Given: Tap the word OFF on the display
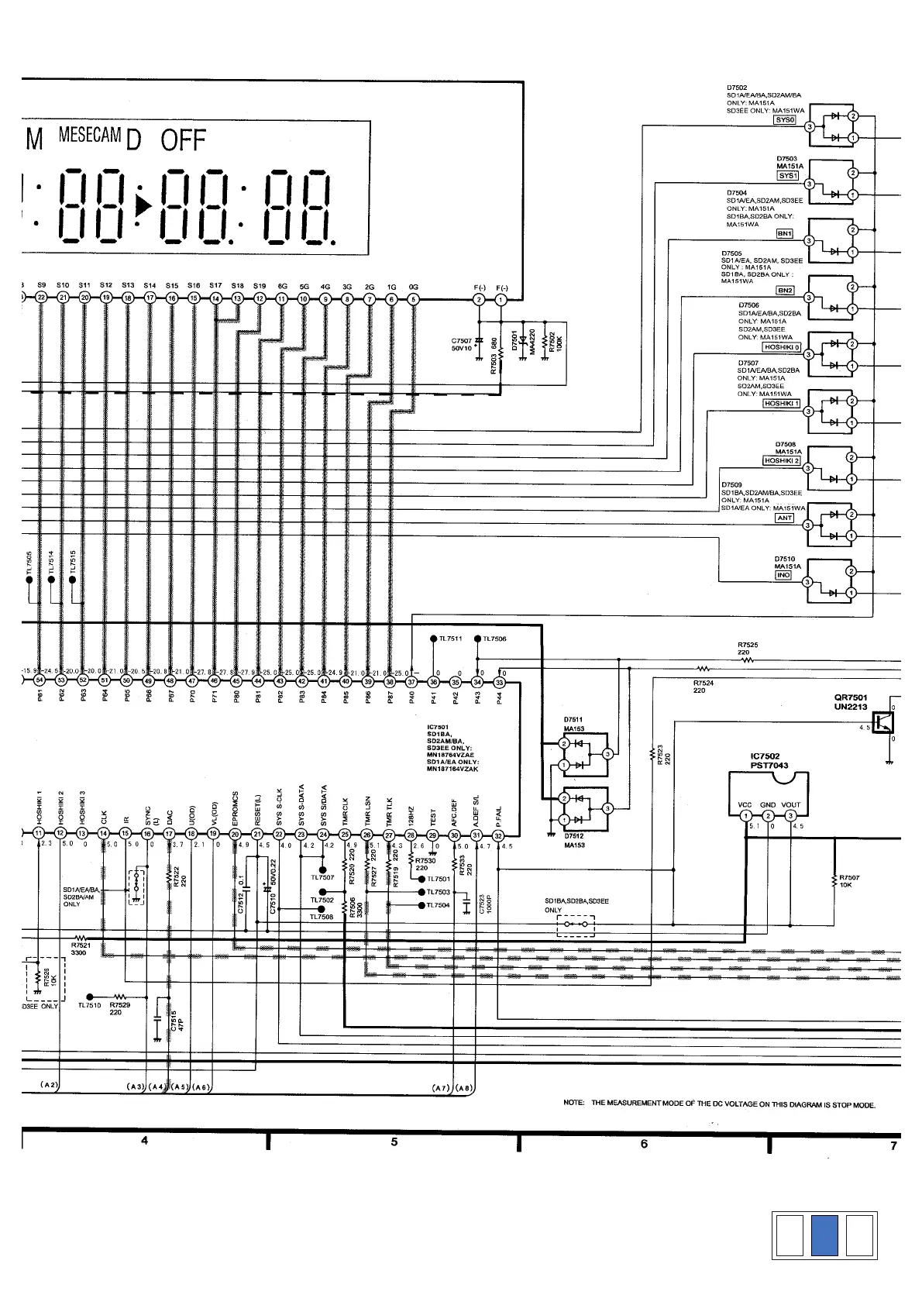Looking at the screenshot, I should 183,141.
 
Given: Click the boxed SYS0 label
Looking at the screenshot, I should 786,119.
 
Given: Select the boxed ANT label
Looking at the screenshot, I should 785,518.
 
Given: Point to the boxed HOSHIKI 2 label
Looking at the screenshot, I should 781,461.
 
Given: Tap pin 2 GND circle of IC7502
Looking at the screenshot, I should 767,816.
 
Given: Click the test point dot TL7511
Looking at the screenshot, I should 433,639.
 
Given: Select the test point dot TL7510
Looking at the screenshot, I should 91,997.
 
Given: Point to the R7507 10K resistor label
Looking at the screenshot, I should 849,881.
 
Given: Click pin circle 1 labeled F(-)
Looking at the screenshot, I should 501,299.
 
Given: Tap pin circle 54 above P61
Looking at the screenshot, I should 40,682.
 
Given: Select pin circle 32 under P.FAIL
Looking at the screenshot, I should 498,835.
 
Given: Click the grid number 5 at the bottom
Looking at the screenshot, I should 394,1142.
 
